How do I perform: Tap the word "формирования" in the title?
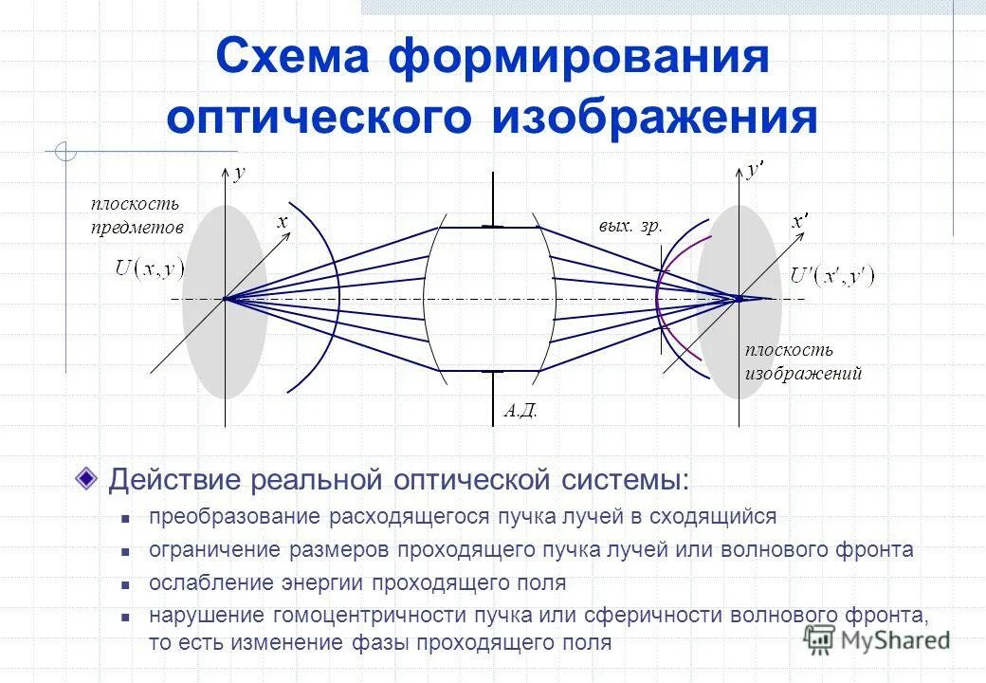tap(577, 59)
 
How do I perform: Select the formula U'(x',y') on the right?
tap(833, 276)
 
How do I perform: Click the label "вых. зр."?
tap(630, 227)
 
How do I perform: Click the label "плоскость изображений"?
tap(802, 361)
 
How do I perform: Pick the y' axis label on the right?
tap(755, 171)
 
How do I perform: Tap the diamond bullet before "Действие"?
tap(87, 477)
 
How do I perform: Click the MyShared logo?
tap(876, 640)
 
